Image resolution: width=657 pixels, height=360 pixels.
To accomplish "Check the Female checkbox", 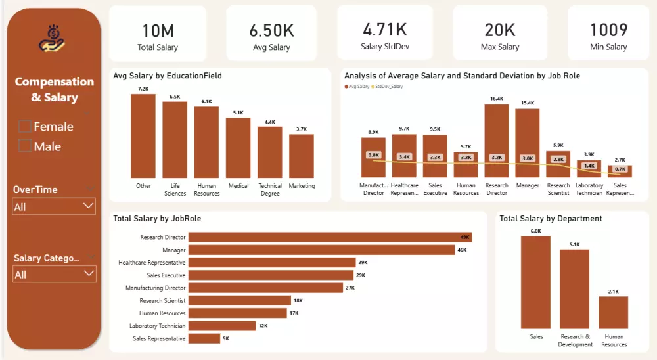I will [x=25, y=126].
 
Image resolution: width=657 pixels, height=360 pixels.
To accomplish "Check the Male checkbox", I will [x=25, y=146].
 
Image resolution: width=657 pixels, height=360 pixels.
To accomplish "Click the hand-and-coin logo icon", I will [x=52, y=38].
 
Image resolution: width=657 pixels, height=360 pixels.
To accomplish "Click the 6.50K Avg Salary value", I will [x=271, y=30].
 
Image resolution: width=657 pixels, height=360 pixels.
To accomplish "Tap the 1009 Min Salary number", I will [x=608, y=30].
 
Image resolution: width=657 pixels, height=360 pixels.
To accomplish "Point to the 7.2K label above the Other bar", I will [x=143, y=89].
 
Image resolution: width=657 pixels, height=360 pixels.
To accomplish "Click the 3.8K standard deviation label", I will [x=373, y=155].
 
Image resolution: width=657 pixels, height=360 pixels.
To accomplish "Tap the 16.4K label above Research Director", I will [x=497, y=99].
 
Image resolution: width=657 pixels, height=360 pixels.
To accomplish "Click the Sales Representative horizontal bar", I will [x=204, y=338].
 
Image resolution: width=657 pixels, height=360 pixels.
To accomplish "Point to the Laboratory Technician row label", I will [x=157, y=326].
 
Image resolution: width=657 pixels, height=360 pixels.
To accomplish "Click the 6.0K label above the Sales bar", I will [x=536, y=231].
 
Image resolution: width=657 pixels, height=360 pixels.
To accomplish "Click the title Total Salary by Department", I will [x=551, y=219].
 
